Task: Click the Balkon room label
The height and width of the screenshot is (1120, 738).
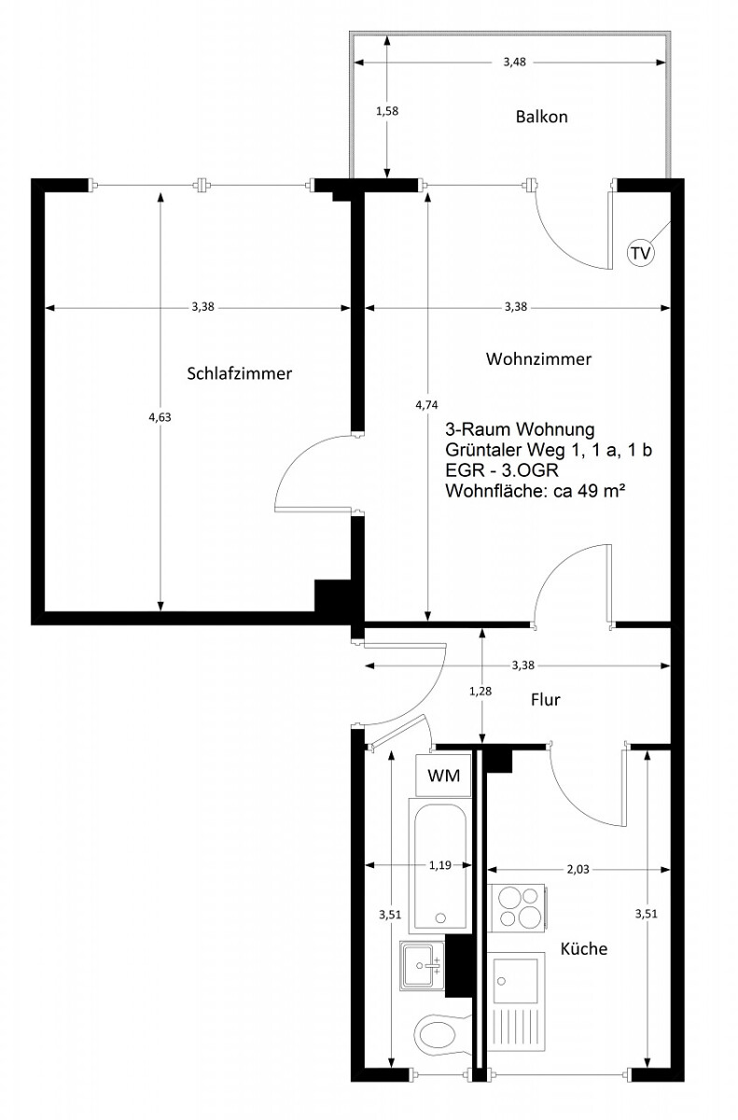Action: click(542, 117)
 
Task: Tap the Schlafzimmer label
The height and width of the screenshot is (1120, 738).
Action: click(240, 373)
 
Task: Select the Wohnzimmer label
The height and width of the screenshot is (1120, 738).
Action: click(538, 359)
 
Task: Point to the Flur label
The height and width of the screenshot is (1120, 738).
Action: click(545, 699)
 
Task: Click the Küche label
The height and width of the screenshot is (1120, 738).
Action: click(584, 948)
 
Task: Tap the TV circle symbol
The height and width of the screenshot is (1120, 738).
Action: click(641, 253)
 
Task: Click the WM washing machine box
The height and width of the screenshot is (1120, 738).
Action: click(444, 776)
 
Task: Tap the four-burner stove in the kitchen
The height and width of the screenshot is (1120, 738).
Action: click(518, 908)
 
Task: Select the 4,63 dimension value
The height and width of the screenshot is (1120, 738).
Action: click(160, 417)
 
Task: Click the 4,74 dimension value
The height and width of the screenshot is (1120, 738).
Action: click(426, 405)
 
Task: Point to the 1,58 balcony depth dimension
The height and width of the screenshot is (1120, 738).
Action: click(387, 111)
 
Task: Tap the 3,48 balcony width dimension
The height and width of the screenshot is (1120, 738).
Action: click(515, 63)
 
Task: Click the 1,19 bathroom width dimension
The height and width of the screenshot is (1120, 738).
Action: click(440, 865)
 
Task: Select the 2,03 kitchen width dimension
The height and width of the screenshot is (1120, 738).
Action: click(578, 870)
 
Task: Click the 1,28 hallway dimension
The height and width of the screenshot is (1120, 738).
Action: click(480, 691)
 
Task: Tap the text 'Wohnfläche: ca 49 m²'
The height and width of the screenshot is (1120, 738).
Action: click(536, 491)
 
